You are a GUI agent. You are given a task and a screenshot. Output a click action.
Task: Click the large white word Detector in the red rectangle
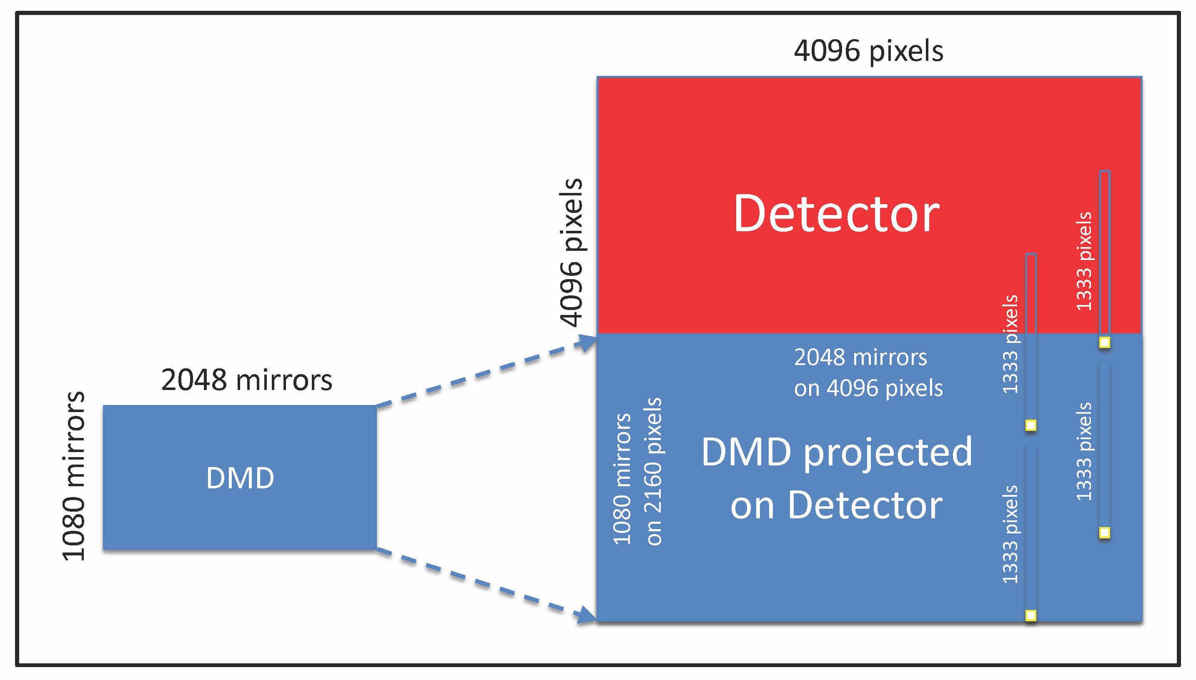click(x=836, y=214)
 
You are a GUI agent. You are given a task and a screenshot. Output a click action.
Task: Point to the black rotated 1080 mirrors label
click(x=74, y=475)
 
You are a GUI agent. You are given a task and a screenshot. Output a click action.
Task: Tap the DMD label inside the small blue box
click(x=240, y=478)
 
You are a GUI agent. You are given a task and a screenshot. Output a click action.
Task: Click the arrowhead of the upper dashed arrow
click(x=587, y=342)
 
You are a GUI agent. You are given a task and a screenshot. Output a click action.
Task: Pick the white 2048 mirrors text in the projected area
click(x=860, y=358)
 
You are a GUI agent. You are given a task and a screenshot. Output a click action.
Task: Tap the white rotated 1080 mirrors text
click(x=622, y=479)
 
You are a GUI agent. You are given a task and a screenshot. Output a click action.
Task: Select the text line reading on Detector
click(x=836, y=505)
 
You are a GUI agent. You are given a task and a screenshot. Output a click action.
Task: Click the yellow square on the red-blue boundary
click(x=1104, y=343)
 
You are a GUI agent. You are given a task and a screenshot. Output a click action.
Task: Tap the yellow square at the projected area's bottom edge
click(x=1031, y=615)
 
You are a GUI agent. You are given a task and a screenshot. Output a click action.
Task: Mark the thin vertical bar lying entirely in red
click(x=1104, y=252)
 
